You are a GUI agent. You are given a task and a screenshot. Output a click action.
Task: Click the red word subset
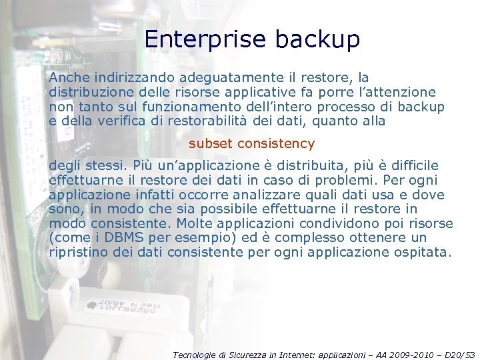(x=210, y=143)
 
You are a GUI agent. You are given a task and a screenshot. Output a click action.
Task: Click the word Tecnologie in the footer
(x=193, y=355)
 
